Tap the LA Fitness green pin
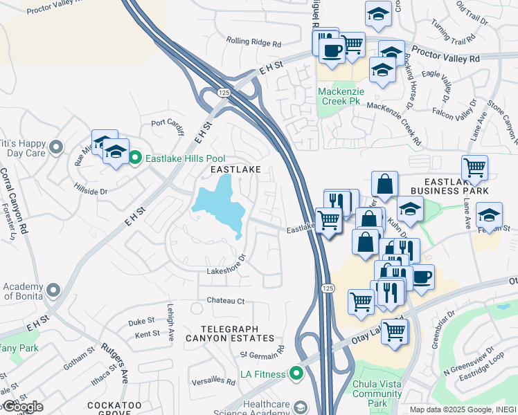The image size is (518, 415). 297,374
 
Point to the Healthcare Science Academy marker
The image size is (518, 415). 299,405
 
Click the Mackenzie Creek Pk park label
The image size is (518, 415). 339,96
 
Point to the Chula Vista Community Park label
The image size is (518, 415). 377,394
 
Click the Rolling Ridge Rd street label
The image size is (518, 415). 253,43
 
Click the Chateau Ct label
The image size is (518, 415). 226,301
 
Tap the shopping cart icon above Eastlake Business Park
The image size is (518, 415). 474,167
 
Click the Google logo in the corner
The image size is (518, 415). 22,407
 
